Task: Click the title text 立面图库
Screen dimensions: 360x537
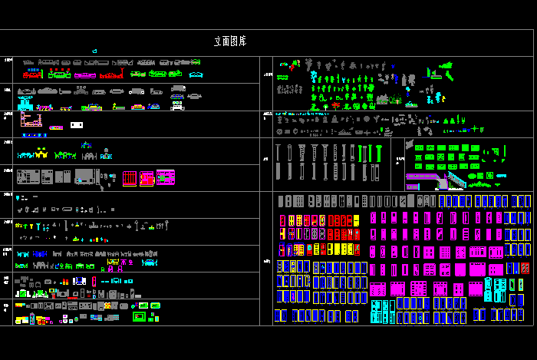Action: coord(229,41)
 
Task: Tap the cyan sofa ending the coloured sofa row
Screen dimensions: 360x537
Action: coord(197,74)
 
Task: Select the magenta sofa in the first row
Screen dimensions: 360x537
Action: coord(81,74)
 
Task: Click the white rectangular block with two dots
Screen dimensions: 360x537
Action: coord(76,124)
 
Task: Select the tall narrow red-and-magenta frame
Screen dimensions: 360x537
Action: coord(94,281)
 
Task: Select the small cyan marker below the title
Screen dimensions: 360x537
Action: coord(94,51)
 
